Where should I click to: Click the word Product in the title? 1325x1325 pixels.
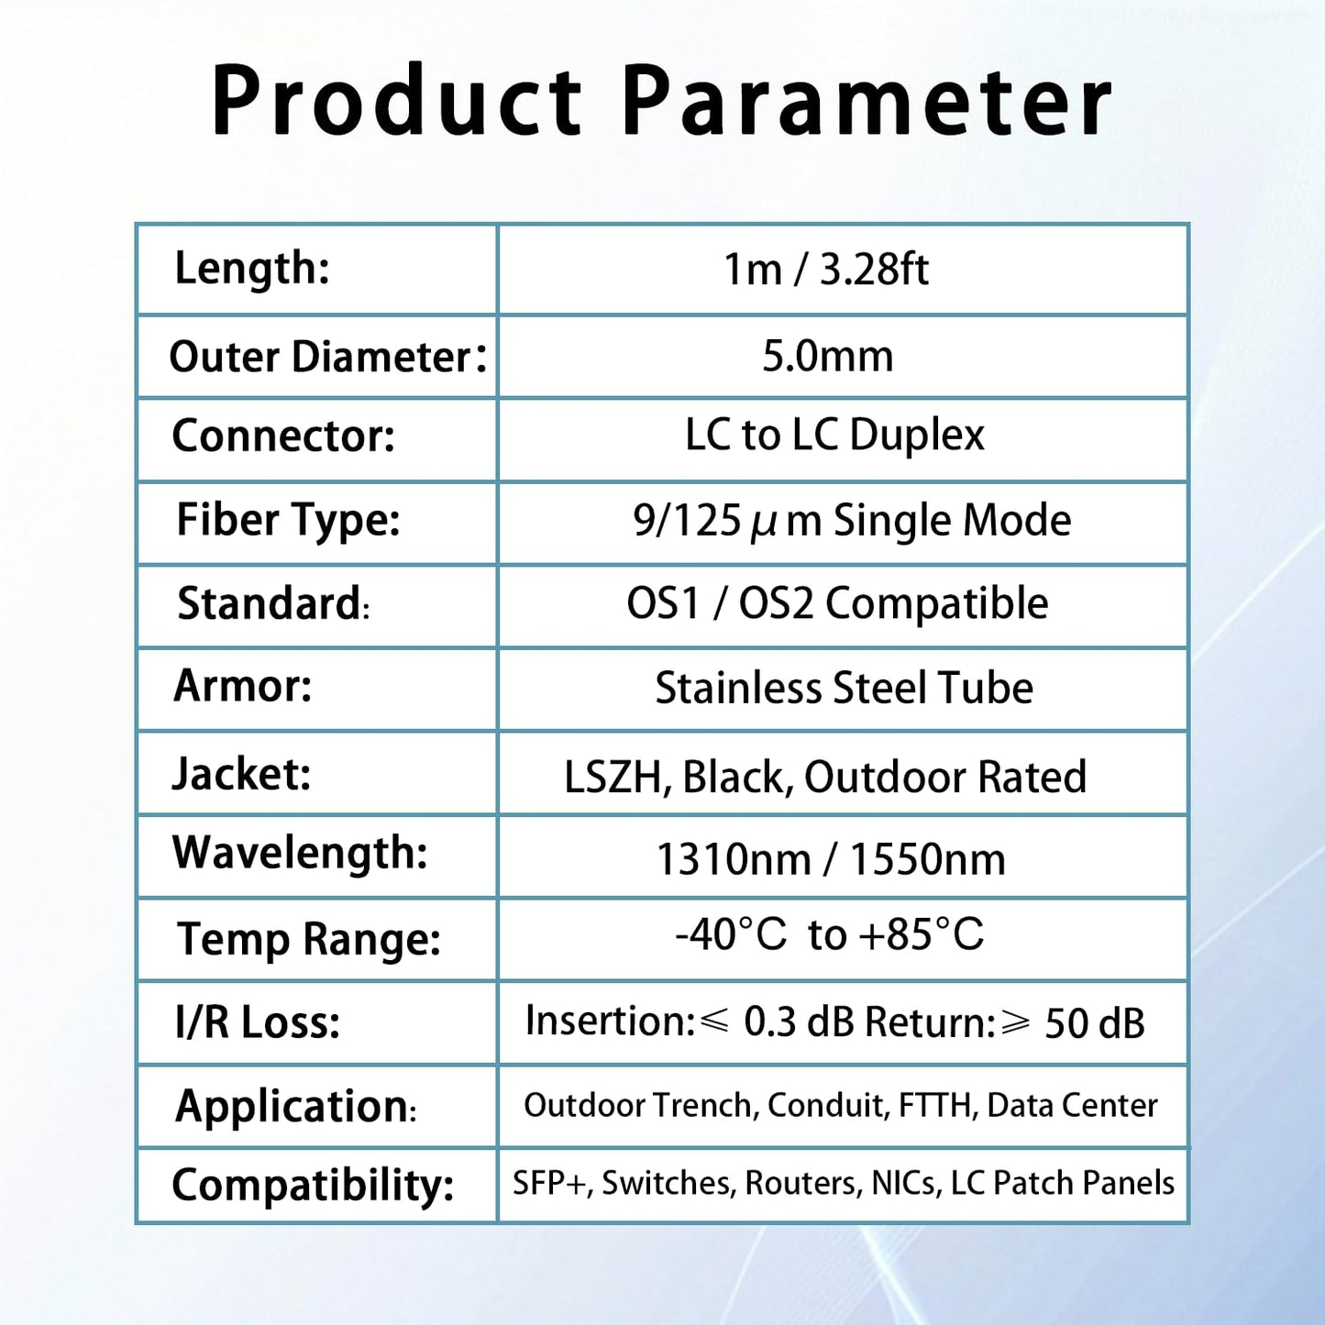396,101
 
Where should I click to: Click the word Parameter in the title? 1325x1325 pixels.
867,101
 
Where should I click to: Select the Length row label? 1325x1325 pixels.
252,269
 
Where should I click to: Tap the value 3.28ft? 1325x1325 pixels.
874,270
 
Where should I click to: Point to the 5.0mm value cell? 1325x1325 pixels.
827,356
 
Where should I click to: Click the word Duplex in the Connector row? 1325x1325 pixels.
917,436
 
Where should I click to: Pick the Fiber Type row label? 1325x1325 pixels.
288,520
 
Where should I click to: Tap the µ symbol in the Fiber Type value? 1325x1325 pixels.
763,523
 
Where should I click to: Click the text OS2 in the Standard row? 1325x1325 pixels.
776,604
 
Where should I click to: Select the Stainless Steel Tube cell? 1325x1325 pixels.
844,688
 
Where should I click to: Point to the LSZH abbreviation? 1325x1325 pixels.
613,777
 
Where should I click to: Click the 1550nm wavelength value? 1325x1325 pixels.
927,860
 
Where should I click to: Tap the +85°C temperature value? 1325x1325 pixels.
921,934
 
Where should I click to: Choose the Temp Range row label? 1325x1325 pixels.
309,939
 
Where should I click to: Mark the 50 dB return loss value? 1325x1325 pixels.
1094,1023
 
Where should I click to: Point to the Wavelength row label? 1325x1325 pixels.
300,853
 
